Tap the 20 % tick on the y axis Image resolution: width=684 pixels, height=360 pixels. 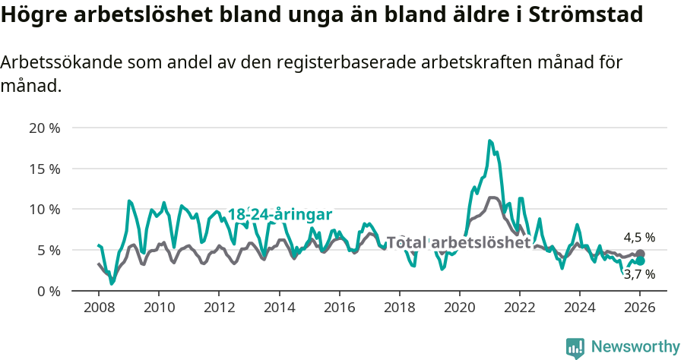(x=44, y=128)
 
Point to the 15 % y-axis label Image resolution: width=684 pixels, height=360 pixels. (x=44, y=169)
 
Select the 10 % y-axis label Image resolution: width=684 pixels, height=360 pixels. (x=44, y=209)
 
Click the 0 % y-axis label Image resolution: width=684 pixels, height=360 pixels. (x=47, y=291)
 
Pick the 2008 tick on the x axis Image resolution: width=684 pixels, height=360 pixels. (x=99, y=308)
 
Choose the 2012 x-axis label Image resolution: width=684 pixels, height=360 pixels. (x=219, y=308)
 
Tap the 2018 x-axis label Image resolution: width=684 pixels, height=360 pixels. (x=399, y=308)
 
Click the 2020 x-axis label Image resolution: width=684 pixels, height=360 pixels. (x=459, y=308)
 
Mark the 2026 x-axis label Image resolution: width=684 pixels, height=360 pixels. (x=639, y=308)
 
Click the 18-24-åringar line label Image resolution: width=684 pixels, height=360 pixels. (x=280, y=215)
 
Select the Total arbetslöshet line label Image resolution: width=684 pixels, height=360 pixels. (x=458, y=242)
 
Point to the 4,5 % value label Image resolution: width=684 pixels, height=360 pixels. (x=639, y=237)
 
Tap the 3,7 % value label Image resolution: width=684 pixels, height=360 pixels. (x=639, y=274)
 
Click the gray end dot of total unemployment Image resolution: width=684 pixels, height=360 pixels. (x=640, y=254)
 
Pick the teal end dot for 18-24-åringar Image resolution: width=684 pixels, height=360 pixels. (x=640, y=261)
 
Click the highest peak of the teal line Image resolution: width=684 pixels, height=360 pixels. (x=489, y=141)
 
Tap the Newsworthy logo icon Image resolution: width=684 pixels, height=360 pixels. (x=575, y=347)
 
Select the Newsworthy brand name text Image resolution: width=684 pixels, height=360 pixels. (x=635, y=347)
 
